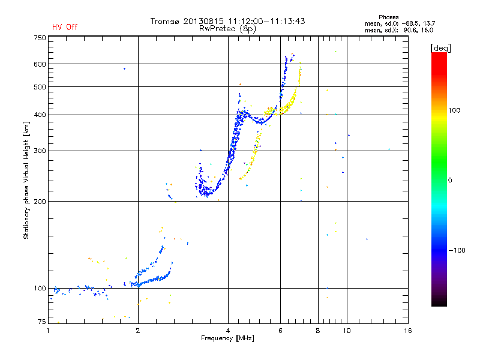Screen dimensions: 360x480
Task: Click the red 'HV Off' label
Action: click(65, 27)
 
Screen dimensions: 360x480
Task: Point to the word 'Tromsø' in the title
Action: click(167, 21)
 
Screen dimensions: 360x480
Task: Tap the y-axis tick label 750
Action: click(40, 38)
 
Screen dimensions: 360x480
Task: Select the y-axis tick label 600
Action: click(40, 64)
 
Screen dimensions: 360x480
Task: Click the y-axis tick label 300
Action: click(40, 151)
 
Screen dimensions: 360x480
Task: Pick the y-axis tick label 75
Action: click(41, 322)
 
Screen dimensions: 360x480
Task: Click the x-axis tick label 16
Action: click(407, 331)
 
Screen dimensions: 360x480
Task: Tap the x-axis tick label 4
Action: click(228, 331)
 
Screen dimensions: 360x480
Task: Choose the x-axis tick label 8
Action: click(318, 331)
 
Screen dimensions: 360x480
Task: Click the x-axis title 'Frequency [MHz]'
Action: click(227, 338)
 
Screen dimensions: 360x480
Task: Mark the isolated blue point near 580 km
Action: click(124, 69)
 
